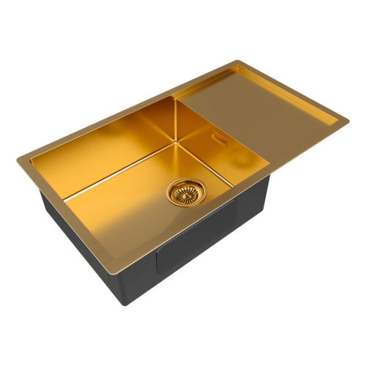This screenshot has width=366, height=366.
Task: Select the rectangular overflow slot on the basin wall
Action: (220, 136)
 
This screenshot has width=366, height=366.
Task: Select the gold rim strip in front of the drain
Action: (212, 227)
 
